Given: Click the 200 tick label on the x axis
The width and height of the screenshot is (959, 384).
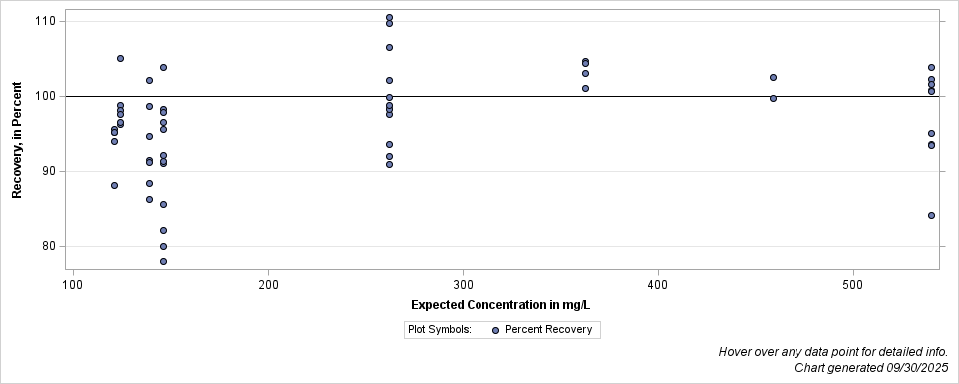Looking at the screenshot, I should point(268,285).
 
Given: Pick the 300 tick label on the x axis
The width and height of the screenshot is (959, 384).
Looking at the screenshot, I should point(463,285).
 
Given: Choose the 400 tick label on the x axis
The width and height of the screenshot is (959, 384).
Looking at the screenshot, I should point(657,285).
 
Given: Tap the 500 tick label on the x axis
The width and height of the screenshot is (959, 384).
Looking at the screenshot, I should point(853,285).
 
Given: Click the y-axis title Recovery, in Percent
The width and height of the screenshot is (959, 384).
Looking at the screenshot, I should point(17,140).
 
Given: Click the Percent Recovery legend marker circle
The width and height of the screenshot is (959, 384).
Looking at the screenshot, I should point(495,330).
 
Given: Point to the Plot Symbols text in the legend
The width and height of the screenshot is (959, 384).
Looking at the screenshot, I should point(440,330).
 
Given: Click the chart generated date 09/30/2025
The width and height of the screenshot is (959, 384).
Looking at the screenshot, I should point(910,368).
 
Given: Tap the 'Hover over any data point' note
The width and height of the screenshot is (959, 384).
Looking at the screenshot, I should point(833,352).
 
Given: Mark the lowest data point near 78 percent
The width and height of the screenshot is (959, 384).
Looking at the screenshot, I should point(163,261).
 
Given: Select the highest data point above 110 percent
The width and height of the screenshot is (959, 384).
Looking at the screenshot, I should point(389,18).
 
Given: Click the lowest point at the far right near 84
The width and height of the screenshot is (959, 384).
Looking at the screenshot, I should point(931,215).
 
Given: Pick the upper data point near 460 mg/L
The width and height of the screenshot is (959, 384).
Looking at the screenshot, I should point(773,77).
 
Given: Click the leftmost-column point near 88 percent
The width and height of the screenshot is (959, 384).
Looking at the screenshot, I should point(114,185).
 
